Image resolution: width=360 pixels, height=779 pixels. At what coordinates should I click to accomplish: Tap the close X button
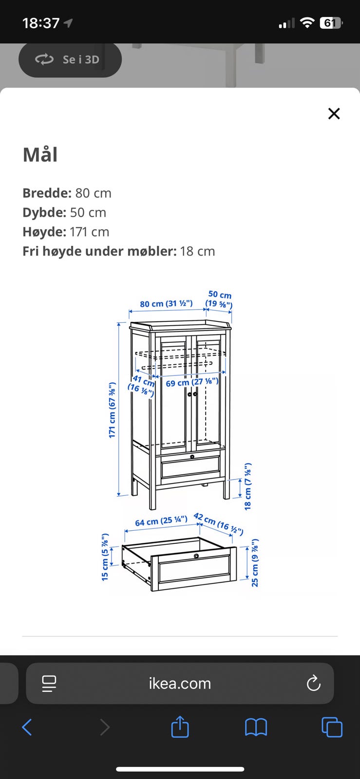coord(334,113)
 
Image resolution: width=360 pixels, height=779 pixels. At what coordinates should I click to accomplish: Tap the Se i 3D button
coord(70,59)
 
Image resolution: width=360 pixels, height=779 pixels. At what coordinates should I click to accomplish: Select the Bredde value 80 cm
coord(93,193)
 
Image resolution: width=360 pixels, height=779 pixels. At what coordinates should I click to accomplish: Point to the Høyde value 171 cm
coord(90,232)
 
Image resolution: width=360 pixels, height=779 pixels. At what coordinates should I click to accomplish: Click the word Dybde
coord(44,212)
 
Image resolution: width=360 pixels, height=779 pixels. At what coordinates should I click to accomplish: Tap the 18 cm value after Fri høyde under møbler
coord(197,251)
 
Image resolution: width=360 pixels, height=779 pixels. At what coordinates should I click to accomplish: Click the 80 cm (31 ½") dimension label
coord(166,304)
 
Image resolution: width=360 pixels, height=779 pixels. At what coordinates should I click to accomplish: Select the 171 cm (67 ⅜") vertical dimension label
coord(112,410)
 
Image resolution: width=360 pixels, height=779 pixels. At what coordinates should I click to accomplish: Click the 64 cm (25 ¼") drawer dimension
coord(161,521)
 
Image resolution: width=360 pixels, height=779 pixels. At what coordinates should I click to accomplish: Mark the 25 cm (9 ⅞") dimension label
coord(255,563)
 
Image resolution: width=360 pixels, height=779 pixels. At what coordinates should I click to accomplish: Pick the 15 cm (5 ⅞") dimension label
coord(105,557)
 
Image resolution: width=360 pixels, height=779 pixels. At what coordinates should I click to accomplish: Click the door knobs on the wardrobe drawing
coord(192,394)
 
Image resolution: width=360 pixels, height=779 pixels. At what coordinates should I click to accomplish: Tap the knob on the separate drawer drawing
coord(196,556)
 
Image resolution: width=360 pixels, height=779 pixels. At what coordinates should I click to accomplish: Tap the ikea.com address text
coord(180,684)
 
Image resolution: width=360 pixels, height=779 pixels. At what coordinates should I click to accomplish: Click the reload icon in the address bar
coord(313,683)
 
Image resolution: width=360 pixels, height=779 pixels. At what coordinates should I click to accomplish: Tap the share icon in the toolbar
coord(180,726)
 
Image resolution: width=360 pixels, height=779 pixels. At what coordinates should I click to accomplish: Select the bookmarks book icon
coord(256,727)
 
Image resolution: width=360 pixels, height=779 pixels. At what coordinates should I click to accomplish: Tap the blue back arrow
coord(27,727)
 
